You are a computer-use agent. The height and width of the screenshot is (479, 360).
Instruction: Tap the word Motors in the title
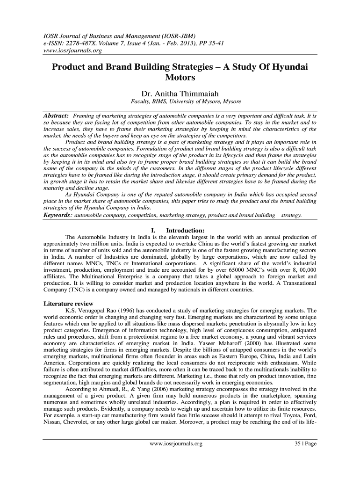(180, 77)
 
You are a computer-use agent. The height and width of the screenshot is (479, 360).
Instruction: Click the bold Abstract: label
(56, 115)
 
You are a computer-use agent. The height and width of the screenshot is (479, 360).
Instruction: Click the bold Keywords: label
(58, 215)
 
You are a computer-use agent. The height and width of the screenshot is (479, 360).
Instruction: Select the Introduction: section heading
(185, 230)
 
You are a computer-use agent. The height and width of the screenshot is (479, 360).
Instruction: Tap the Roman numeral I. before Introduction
(154, 230)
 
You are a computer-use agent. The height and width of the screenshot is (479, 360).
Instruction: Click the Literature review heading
(68, 304)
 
